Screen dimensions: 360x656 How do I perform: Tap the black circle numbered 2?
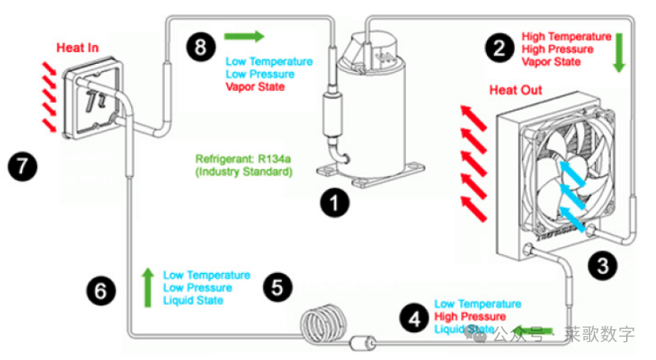(x=499, y=48)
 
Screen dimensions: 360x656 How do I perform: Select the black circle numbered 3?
(x=604, y=264)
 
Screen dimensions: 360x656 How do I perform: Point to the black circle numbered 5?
(x=276, y=287)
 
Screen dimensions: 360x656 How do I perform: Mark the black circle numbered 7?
(x=21, y=166)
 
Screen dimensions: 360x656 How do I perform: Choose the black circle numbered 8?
(x=201, y=47)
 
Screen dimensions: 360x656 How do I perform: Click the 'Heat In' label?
(x=77, y=47)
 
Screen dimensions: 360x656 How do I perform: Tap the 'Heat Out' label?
(x=515, y=90)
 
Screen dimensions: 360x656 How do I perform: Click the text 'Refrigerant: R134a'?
(x=242, y=156)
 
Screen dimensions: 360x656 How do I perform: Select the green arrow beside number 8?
(x=244, y=36)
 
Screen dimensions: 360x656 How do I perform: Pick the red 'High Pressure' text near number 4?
(x=470, y=317)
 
